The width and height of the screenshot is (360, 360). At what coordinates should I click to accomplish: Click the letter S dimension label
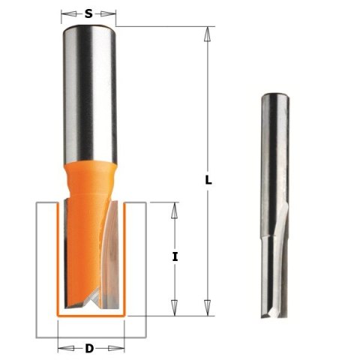89,13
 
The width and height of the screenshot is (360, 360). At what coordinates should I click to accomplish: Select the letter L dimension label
209,180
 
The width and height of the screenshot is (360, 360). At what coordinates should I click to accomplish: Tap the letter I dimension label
175,256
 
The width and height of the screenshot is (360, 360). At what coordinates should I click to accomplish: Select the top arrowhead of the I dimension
175,208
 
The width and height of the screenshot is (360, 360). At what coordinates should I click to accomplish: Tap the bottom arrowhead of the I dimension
175,308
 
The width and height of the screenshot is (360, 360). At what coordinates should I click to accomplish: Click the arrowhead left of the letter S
65,13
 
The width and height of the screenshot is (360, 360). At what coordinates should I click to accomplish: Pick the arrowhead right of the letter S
114,13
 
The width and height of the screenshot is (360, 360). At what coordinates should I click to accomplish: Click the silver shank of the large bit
89,82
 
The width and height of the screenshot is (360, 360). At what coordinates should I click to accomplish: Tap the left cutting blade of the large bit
68,255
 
